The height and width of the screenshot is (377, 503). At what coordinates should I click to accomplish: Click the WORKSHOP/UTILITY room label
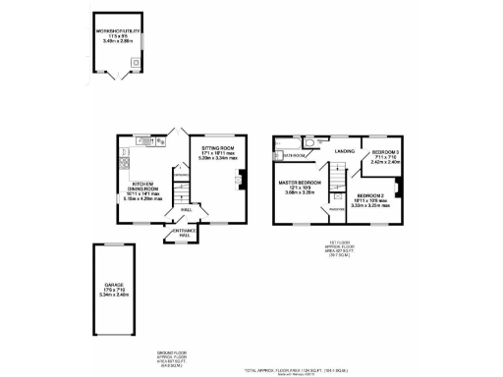[118, 31]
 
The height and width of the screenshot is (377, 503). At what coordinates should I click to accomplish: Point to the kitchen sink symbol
[144, 143]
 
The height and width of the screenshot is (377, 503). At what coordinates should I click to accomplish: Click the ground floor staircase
[179, 187]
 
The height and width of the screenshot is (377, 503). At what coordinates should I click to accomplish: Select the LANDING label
[344, 151]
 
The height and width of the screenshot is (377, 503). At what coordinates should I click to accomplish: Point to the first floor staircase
[337, 177]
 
